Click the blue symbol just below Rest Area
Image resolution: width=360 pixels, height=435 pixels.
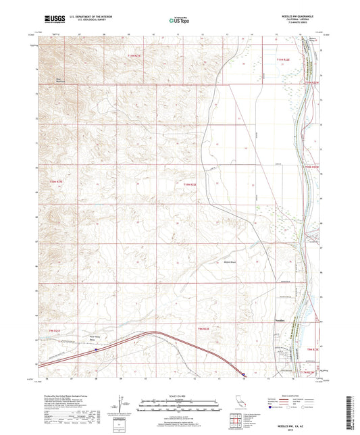97,349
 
